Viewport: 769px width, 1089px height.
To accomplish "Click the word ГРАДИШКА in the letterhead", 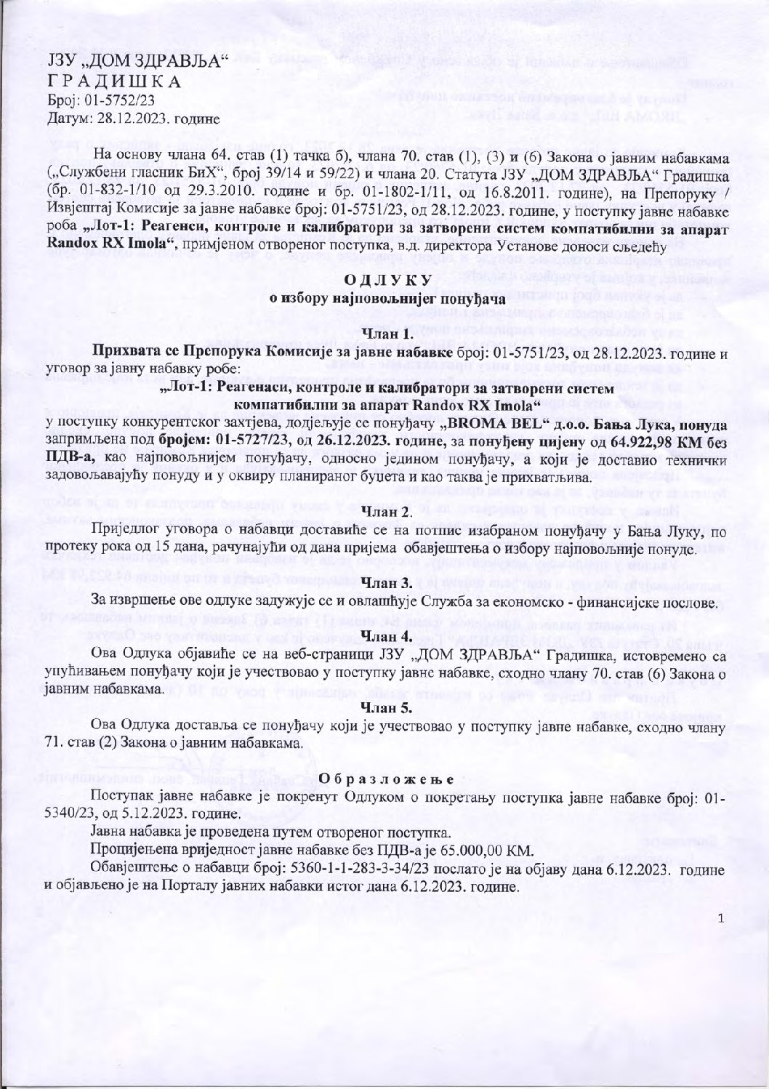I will point(114,80).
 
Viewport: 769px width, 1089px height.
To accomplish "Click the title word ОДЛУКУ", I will point(388,281).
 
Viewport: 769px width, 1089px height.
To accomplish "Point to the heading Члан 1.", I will point(387,335).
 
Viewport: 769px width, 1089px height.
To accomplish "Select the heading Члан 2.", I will point(387,513).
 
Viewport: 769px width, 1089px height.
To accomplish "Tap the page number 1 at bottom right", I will point(721,919).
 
